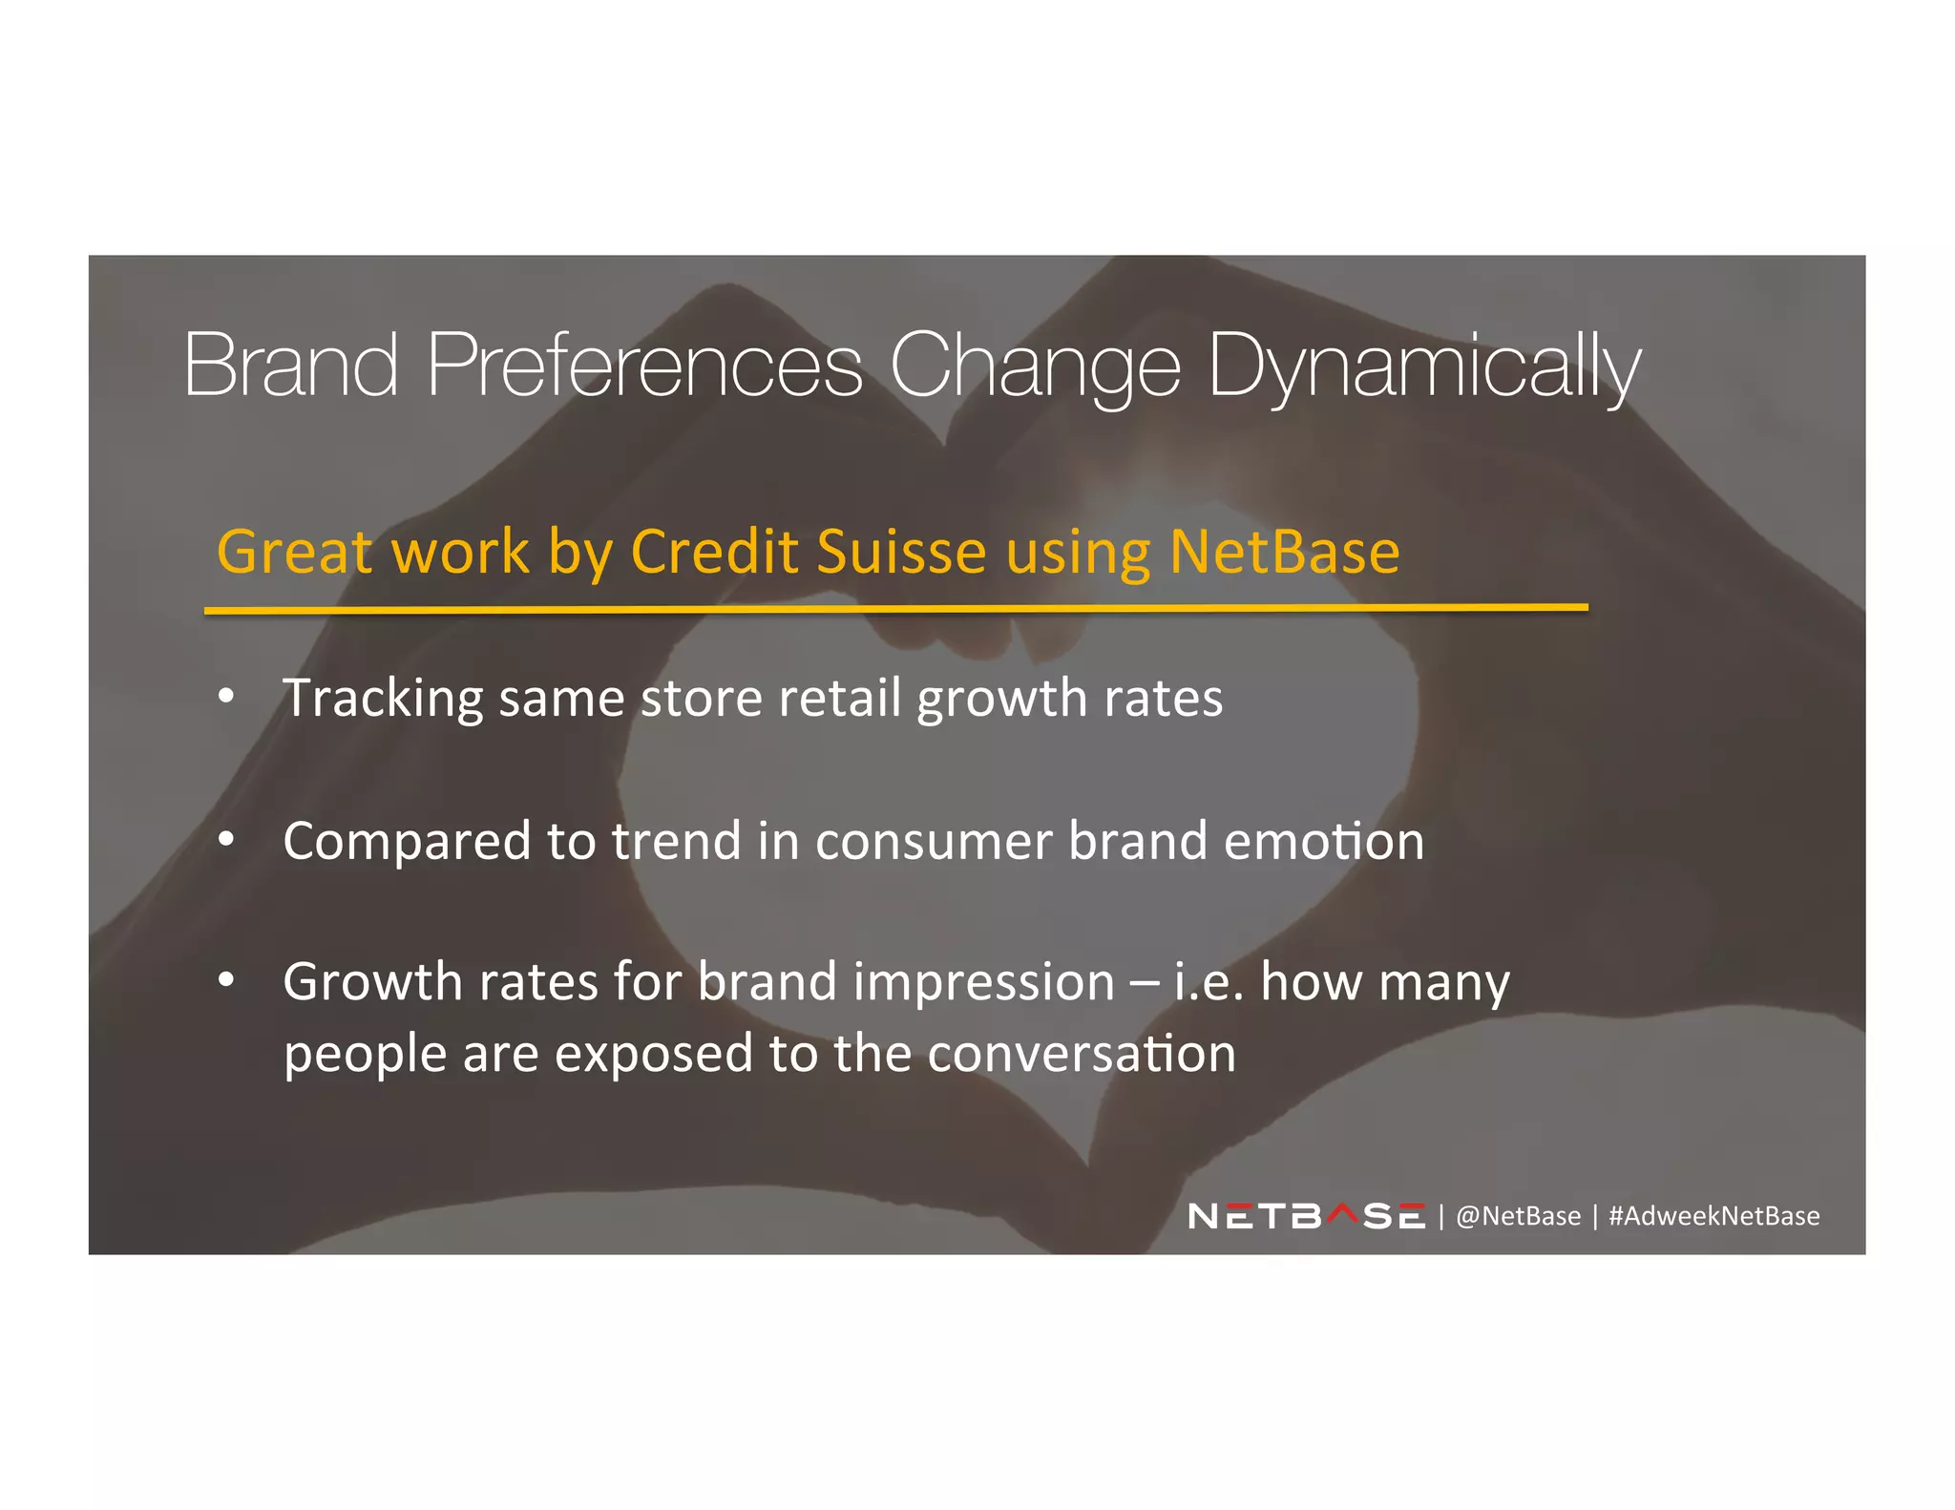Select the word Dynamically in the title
(x=1424, y=367)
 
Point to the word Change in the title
(x=1035, y=367)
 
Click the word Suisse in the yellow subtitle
(x=901, y=552)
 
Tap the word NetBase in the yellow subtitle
(x=1284, y=552)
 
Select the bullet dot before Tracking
(x=226, y=697)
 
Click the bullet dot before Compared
(x=226, y=839)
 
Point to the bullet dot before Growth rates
(x=226, y=980)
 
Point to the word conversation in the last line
(x=1082, y=1054)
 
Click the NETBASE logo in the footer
(x=1307, y=1216)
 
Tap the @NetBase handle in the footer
(x=1518, y=1216)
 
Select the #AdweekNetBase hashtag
(x=1713, y=1216)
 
